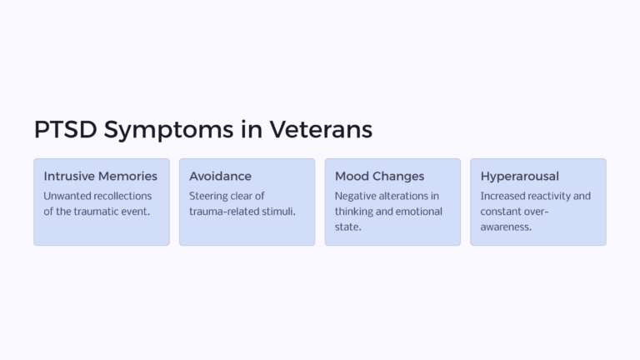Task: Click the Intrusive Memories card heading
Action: click(x=100, y=177)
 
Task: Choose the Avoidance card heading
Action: click(x=220, y=177)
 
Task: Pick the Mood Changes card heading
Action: click(x=379, y=177)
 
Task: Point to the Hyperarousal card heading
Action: click(x=519, y=177)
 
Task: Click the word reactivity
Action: click(x=556, y=196)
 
